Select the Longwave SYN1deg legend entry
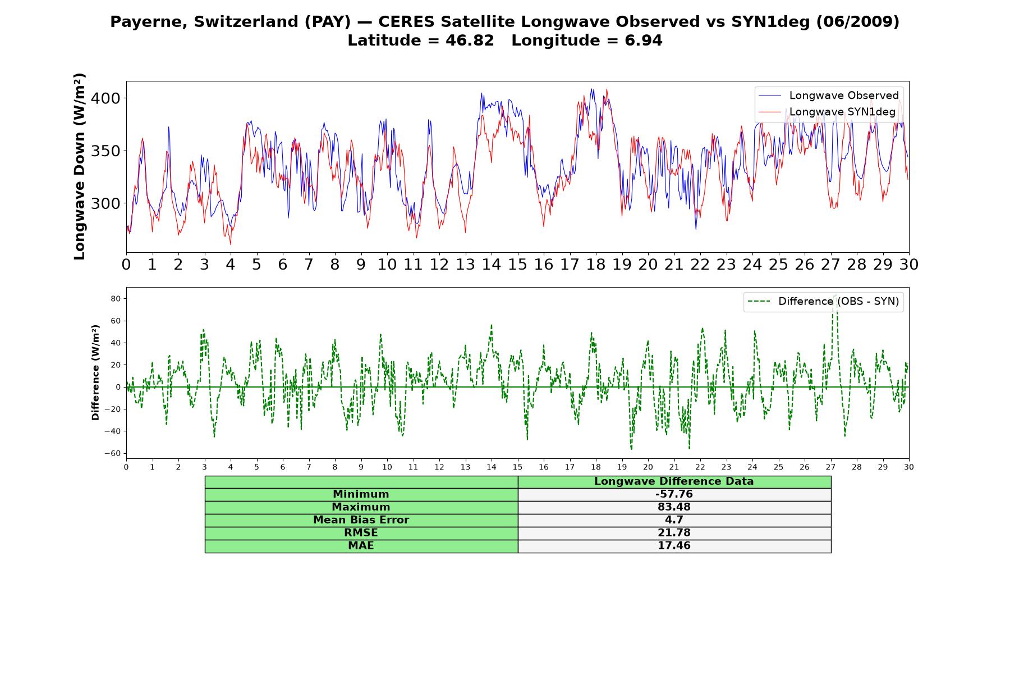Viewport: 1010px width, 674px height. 827,112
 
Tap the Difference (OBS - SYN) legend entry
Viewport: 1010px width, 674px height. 823,302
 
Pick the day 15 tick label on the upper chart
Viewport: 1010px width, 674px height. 517,265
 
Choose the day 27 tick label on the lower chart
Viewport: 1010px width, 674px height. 830,467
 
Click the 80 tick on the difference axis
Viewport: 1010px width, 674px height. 116,298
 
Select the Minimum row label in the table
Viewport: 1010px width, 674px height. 361,494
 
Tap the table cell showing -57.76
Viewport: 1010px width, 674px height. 674,494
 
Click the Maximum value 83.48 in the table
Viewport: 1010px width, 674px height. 674,507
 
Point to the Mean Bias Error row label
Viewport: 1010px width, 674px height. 361,520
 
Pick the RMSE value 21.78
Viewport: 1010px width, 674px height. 674,533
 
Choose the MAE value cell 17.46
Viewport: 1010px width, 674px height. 674,546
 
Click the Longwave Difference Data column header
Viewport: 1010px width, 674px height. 674,481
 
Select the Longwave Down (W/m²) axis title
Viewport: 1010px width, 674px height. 80,166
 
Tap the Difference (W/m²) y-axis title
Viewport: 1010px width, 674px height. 95,372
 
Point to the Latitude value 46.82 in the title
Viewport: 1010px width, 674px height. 470,40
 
